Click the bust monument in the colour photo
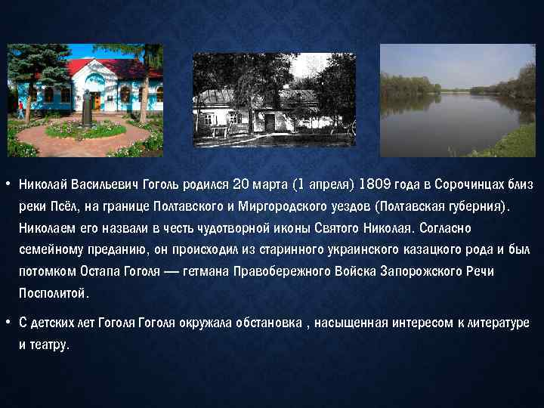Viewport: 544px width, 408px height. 86,106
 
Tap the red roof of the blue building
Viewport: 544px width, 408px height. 113,66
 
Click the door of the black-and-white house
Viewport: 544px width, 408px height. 269,122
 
